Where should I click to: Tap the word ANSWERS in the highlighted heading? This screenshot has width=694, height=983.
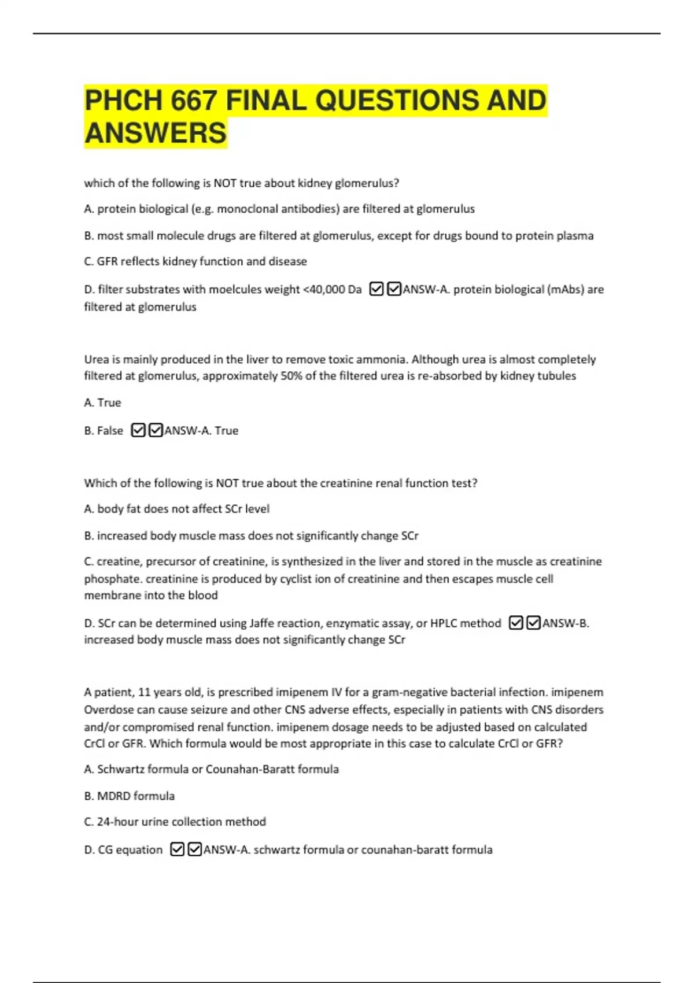click(x=156, y=134)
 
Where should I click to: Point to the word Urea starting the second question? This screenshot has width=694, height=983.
click(x=97, y=359)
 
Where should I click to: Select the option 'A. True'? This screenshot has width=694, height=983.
click(x=103, y=402)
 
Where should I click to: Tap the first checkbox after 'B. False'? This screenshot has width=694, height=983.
click(x=138, y=430)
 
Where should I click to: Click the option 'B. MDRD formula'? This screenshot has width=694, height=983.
click(x=130, y=796)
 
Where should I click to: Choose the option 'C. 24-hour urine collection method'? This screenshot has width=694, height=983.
click(x=175, y=822)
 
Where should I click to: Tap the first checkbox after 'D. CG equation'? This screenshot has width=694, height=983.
click(x=178, y=849)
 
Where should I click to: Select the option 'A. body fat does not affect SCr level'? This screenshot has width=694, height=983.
click(x=177, y=509)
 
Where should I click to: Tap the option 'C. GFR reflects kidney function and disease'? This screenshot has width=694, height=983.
click(x=195, y=261)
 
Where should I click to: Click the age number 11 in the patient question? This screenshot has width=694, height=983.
click(x=145, y=692)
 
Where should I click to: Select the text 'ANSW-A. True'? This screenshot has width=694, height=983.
click(x=201, y=430)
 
